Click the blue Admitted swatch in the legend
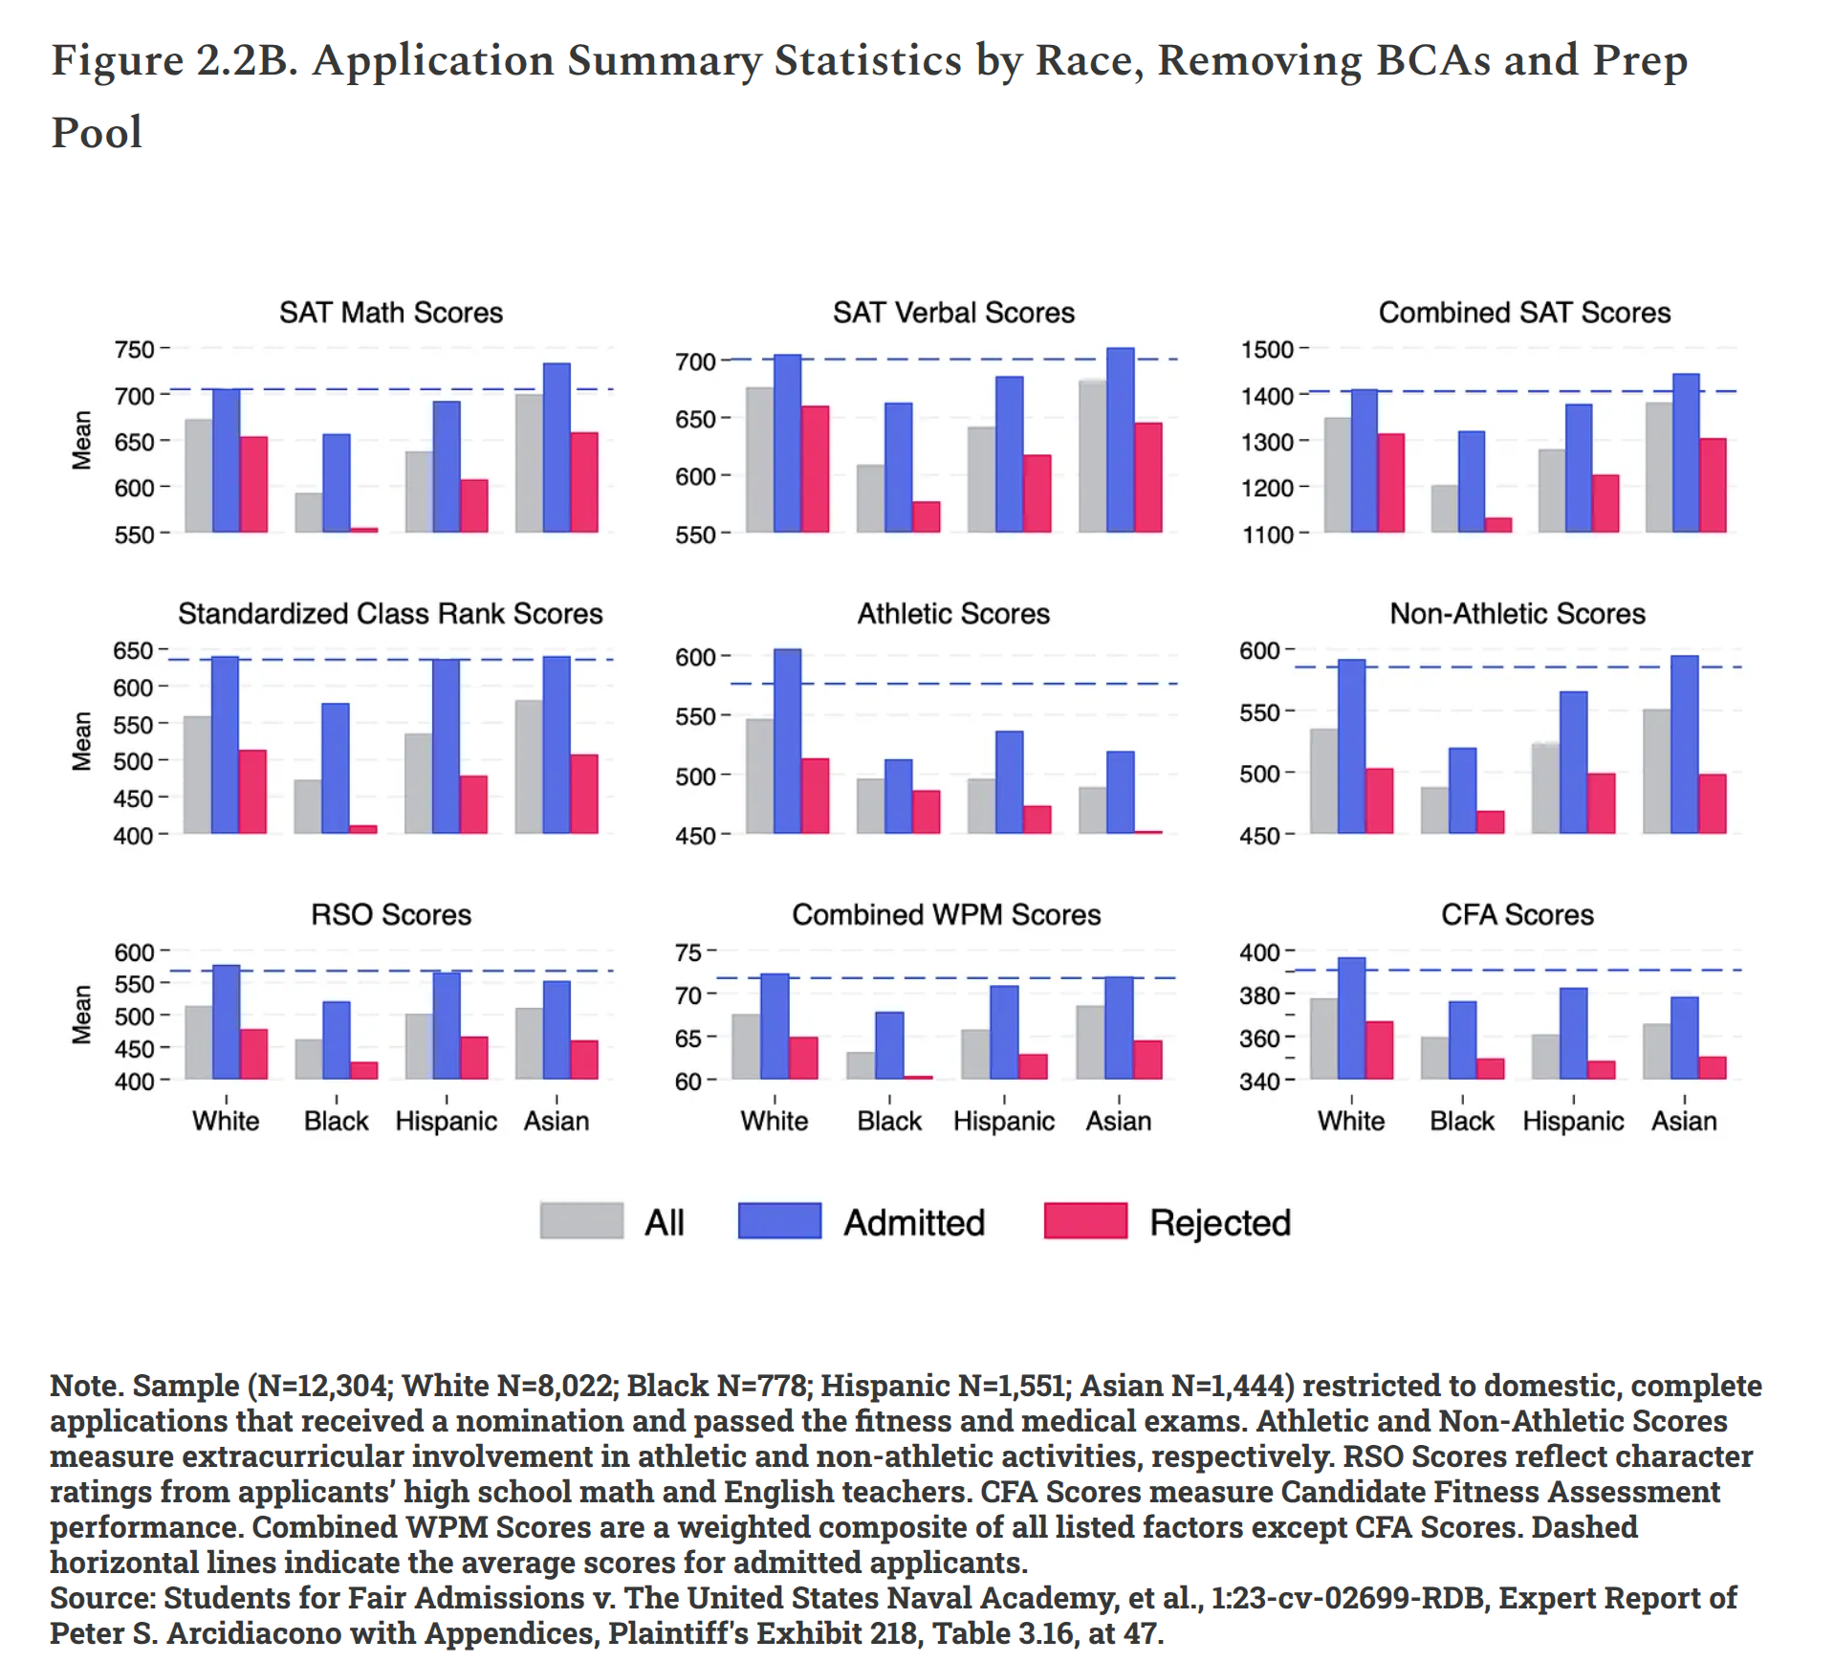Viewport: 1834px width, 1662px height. tap(779, 1221)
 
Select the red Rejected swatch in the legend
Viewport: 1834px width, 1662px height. tap(1085, 1221)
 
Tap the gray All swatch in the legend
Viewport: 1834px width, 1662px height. tap(581, 1221)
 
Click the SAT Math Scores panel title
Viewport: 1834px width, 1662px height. tap(390, 313)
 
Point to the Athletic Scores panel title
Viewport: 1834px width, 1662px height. tap(952, 614)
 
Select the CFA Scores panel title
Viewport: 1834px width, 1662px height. tap(1517, 915)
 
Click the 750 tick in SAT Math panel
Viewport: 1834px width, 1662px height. tap(134, 350)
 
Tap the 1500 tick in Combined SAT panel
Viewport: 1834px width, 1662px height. tap(1267, 350)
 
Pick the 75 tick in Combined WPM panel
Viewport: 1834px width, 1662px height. tap(688, 952)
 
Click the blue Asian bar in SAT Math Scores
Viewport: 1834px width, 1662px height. tap(557, 448)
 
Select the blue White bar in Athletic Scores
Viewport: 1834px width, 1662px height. tap(787, 741)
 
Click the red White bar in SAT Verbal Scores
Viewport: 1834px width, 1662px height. tap(815, 469)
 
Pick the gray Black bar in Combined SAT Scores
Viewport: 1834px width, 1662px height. tap(1444, 509)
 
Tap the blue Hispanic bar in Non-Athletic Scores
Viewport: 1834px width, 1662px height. tap(1573, 762)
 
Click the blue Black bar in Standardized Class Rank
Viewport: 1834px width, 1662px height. tap(336, 768)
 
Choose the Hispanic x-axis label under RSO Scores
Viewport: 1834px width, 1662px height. tap(446, 1121)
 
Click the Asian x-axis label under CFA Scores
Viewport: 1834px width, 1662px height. tap(1683, 1121)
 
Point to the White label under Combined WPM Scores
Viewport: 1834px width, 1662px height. tap(774, 1121)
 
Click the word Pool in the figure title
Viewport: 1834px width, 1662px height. tap(97, 132)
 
